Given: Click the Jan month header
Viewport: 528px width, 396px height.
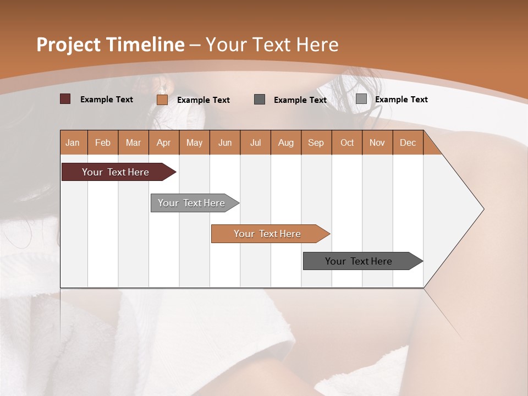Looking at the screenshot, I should point(73,143).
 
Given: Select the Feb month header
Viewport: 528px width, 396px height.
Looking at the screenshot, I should point(103,143).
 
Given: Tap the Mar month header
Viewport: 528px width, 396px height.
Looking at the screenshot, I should point(133,143).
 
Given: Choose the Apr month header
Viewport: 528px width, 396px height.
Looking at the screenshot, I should point(164,143).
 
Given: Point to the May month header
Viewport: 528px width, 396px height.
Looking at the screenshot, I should point(194,143).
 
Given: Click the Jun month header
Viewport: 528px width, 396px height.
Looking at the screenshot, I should point(225,143).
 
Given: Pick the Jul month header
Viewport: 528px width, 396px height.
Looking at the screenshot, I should point(255,143).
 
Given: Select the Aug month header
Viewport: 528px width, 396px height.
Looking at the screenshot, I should point(286,143).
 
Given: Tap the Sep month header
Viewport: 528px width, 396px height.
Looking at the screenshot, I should point(316,143).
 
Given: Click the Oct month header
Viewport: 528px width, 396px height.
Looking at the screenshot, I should point(347,143).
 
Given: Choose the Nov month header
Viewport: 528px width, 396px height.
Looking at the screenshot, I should point(377,143).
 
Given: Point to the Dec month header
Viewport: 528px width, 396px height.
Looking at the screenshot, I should point(408,143).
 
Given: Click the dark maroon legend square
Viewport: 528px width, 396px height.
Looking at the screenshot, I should point(65,99).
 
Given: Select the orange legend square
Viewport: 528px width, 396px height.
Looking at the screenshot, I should point(162,100).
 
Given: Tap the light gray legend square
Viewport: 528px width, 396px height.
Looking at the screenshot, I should point(361,99).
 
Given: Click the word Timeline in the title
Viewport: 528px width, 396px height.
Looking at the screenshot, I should point(145,45).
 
